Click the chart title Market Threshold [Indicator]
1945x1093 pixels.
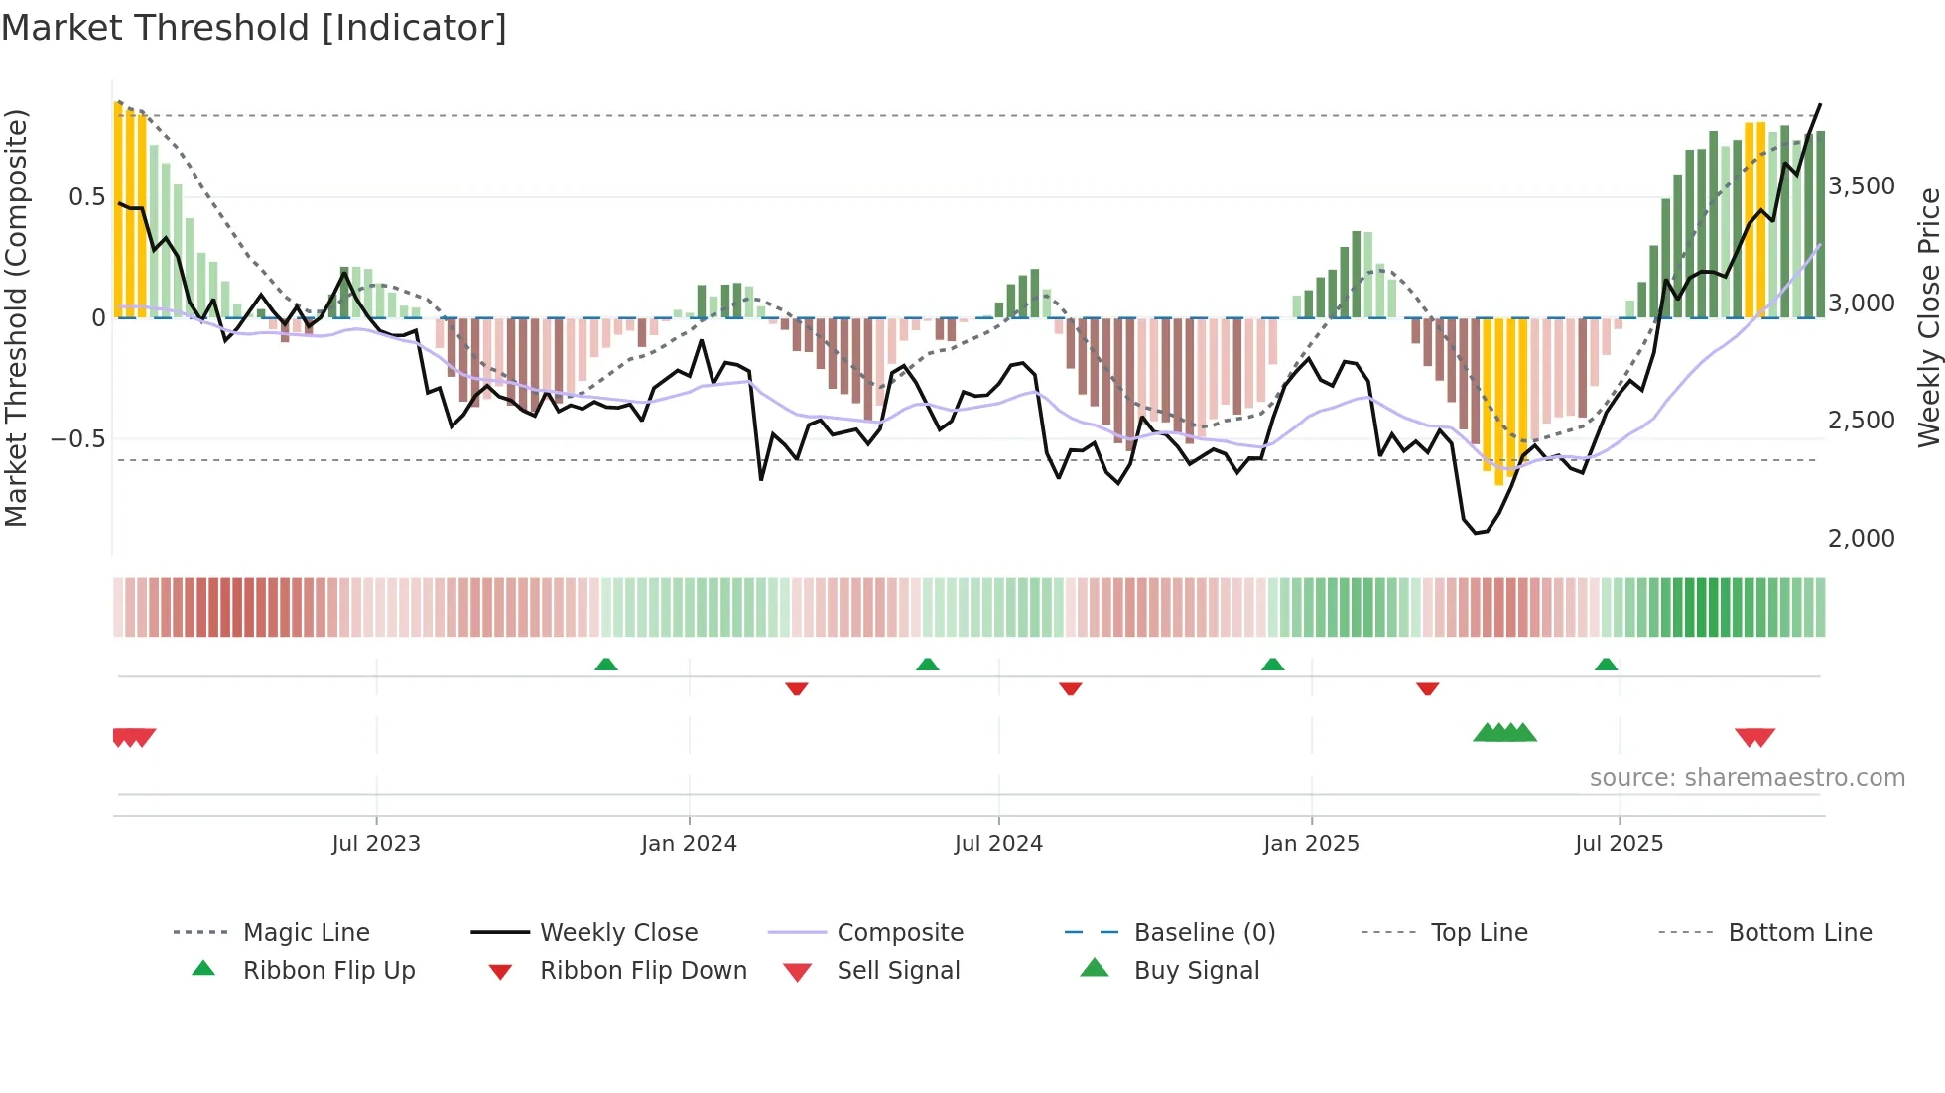(x=254, y=28)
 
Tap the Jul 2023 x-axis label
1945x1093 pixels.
(x=376, y=844)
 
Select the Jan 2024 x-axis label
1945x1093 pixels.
(x=689, y=844)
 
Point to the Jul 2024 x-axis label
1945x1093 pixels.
(x=998, y=844)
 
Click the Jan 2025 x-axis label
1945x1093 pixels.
(x=1311, y=844)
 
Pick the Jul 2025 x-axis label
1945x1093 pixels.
(x=1619, y=844)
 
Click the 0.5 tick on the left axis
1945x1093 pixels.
(x=87, y=197)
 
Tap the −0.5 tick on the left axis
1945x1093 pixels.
(x=78, y=439)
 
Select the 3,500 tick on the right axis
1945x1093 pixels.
(x=1862, y=186)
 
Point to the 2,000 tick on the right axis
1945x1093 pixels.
(x=1862, y=539)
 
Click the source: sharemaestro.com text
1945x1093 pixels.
(x=1747, y=778)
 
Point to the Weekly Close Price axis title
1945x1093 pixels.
(x=1928, y=317)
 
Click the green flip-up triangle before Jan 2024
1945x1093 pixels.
(x=606, y=665)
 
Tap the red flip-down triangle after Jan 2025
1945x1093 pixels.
(x=1428, y=688)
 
